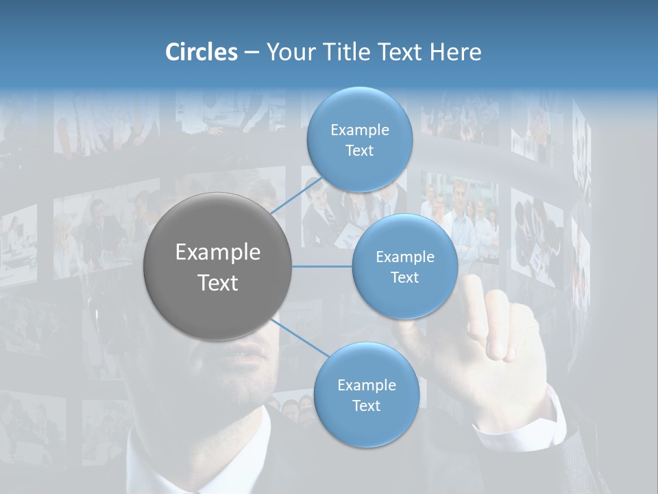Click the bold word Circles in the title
[201, 52]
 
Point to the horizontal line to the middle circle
[322, 266]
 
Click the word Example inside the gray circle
[218, 252]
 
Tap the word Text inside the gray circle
[218, 283]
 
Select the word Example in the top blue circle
[359, 130]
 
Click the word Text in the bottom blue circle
[366, 405]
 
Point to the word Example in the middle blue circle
[404, 257]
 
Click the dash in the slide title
[251, 53]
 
